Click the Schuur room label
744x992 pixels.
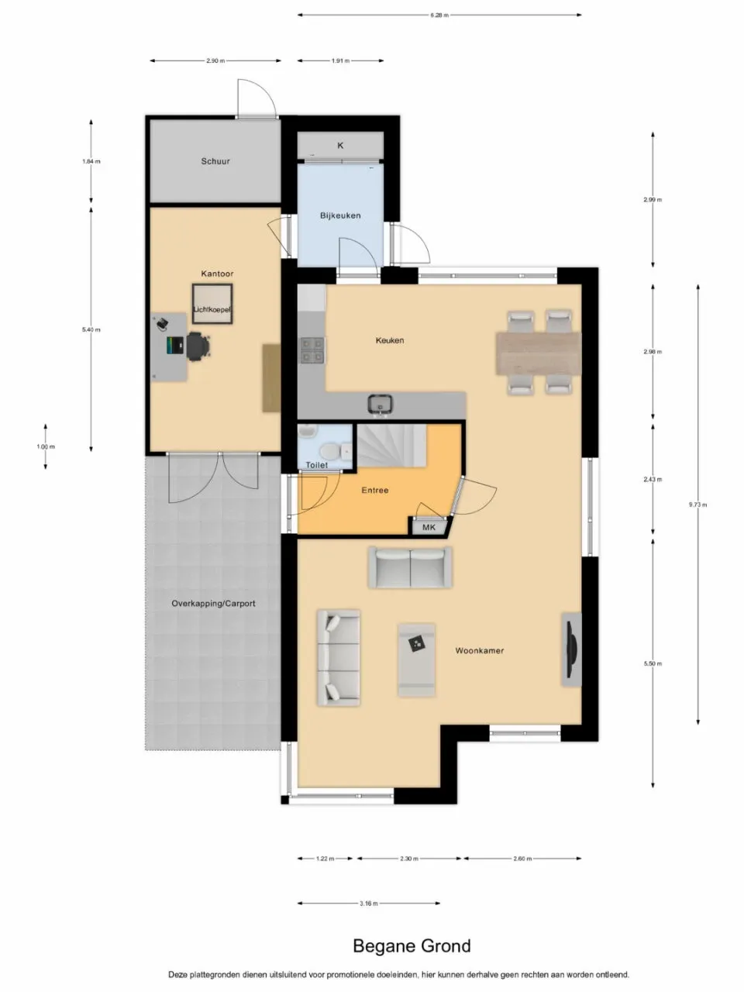tap(215, 162)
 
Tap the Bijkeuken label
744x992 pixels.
tap(340, 215)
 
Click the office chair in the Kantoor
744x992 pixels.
tap(197, 346)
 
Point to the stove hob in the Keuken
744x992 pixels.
tap(312, 350)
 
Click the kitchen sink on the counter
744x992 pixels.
tap(381, 403)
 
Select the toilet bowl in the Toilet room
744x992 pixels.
tap(328, 450)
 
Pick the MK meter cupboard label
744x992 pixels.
tap(429, 527)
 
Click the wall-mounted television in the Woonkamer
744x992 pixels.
tap(572, 649)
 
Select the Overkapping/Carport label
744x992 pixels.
tap(213, 604)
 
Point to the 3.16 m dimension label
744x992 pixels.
tap(369, 903)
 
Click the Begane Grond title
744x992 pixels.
tap(412, 946)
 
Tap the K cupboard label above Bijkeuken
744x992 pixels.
tap(340, 146)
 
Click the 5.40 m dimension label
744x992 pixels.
tap(91, 330)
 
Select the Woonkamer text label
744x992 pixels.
tap(479, 651)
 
